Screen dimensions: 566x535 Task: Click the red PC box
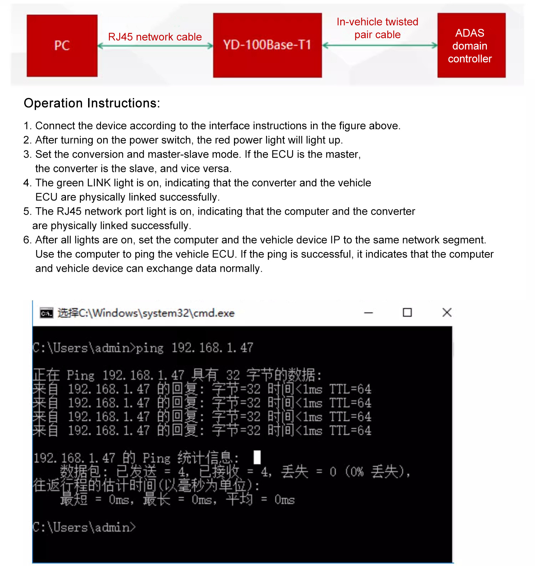click(62, 46)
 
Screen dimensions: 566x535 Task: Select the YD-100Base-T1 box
click(267, 45)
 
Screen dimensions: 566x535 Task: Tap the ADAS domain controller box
click(471, 46)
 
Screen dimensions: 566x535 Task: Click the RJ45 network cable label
click(155, 37)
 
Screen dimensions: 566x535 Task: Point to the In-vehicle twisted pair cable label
click(377, 28)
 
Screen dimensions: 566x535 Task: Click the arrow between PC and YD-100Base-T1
click(155, 46)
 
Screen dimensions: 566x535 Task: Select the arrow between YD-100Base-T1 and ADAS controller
click(379, 45)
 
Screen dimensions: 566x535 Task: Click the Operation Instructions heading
click(92, 103)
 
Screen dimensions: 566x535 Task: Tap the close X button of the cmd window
click(447, 313)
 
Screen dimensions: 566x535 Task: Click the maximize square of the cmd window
click(407, 313)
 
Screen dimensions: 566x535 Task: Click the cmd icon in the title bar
click(46, 313)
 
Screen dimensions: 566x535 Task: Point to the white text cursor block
click(257, 457)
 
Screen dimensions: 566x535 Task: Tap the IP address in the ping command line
click(212, 348)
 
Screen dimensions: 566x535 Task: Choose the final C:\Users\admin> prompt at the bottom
click(84, 527)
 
